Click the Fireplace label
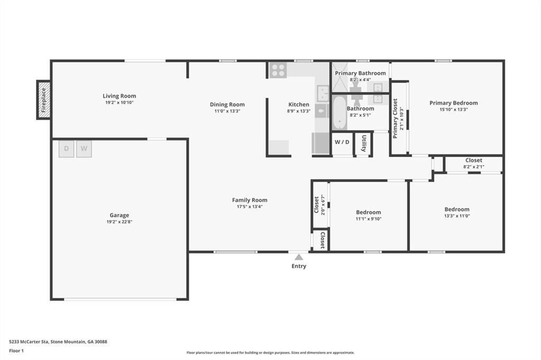(44, 100)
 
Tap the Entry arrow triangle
(299, 257)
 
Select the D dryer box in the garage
(66, 149)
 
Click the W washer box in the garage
(84, 149)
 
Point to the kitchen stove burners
(278, 70)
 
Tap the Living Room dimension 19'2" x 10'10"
(119, 103)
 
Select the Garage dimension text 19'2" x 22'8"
(119, 221)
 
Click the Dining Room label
(227, 104)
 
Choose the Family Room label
(249, 200)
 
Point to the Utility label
(363, 143)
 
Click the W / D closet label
(342, 142)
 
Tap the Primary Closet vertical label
(395, 118)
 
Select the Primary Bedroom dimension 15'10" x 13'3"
(454, 109)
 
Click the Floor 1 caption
(16, 350)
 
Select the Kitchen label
(299, 104)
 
